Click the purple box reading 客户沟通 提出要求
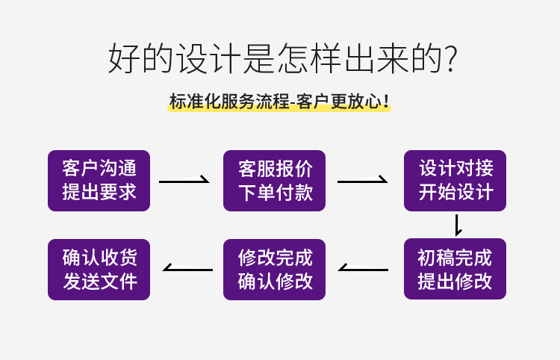(99, 181)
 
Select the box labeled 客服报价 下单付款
(274, 181)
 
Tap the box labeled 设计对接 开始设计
(455, 181)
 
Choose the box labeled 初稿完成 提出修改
(455, 269)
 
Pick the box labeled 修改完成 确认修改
(274, 270)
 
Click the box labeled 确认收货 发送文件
(99, 270)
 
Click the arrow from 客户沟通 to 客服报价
(184, 181)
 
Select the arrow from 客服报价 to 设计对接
(362, 181)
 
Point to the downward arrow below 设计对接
(457, 226)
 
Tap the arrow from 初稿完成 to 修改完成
(363, 269)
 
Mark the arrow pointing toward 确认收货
(187, 269)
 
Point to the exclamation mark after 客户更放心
(386, 102)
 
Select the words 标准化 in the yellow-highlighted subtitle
(195, 102)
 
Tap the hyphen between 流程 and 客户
(293, 102)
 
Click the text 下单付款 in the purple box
(276, 193)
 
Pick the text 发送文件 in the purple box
(100, 282)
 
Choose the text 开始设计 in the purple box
(456, 193)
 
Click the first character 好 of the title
(123, 58)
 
